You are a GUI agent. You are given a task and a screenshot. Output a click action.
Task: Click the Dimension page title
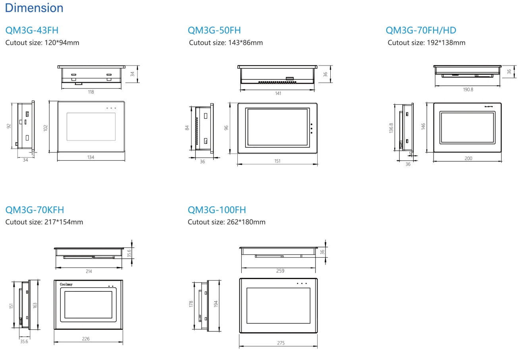point(34,8)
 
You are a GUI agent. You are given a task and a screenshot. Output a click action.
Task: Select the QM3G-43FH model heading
point(32,30)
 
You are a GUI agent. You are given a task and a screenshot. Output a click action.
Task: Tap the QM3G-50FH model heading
point(214,30)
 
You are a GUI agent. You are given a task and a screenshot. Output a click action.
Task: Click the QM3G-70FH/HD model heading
point(421,30)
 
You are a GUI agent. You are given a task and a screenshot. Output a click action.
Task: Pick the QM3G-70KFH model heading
point(35,210)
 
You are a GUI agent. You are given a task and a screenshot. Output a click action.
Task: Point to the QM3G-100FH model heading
point(217,210)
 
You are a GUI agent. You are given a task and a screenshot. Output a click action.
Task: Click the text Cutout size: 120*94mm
point(42,43)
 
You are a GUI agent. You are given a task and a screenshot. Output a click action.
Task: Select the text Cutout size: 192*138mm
point(426,43)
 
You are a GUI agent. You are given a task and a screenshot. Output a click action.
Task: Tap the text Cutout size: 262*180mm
point(227,222)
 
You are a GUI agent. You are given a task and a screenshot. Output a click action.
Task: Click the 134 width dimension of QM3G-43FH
point(91,157)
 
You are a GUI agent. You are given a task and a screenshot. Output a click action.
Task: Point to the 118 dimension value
point(91,92)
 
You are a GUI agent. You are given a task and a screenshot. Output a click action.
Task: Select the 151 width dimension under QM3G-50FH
point(277,161)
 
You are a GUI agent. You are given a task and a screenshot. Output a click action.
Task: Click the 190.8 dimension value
point(468,89)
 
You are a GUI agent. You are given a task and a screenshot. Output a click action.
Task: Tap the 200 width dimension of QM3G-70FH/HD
point(468,158)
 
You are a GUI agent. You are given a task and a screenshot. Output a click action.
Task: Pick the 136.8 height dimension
point(391,128)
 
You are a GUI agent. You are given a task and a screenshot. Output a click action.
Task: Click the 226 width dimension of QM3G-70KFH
point(86,339)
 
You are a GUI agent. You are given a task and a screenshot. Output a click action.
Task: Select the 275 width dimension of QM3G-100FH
point(281,343)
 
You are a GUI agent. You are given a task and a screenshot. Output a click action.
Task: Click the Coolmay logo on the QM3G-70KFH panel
point(66,284)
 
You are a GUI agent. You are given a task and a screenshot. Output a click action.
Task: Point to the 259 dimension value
point(280,271)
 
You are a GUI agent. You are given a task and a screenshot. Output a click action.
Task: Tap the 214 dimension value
point(89,271)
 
